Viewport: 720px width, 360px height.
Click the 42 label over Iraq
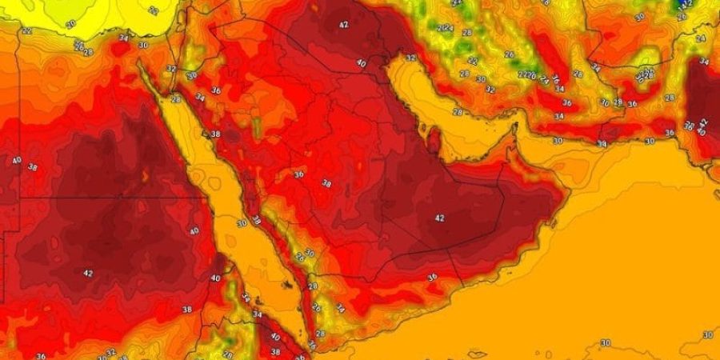pyautogui.click(x=344, y=25)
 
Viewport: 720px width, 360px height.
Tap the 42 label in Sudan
pyautogui.click(x=88, y=273)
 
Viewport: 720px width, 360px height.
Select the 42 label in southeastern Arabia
pyautogui.click(x=439, y=218)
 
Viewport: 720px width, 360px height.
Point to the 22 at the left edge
pyautogui.click(x=26, y=30)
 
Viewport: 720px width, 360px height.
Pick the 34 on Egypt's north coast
pyautogui.click(x=122, y=37)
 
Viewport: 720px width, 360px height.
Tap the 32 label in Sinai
pyautogui.click(x=170, y=69)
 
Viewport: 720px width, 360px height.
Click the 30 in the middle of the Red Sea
pyautogui.click(x=242, y=223)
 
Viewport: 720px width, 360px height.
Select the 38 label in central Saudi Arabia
pyautogui.click(x=326, y=183)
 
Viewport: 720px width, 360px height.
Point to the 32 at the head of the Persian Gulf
pyautogui.click(x=410, y=58)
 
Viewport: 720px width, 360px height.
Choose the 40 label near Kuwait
pyautogui.click(x=361, y=63)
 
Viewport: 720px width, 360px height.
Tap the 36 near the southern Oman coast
pyautogui.click(x=432, y=278)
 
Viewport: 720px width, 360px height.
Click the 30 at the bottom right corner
pyautogui.click(x=707, y=334)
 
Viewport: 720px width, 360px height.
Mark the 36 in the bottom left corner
pyautogui.click(x=41, y=355)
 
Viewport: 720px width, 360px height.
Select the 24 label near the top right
pyautogui.click(x=701, y=38)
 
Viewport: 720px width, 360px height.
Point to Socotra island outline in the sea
pyautogui.click(x=478, y=352)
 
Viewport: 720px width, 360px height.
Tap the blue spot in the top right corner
pyautogui.click(x=683, y=4)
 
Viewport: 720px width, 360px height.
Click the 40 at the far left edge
pyautogui.click(x=16, y=160)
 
